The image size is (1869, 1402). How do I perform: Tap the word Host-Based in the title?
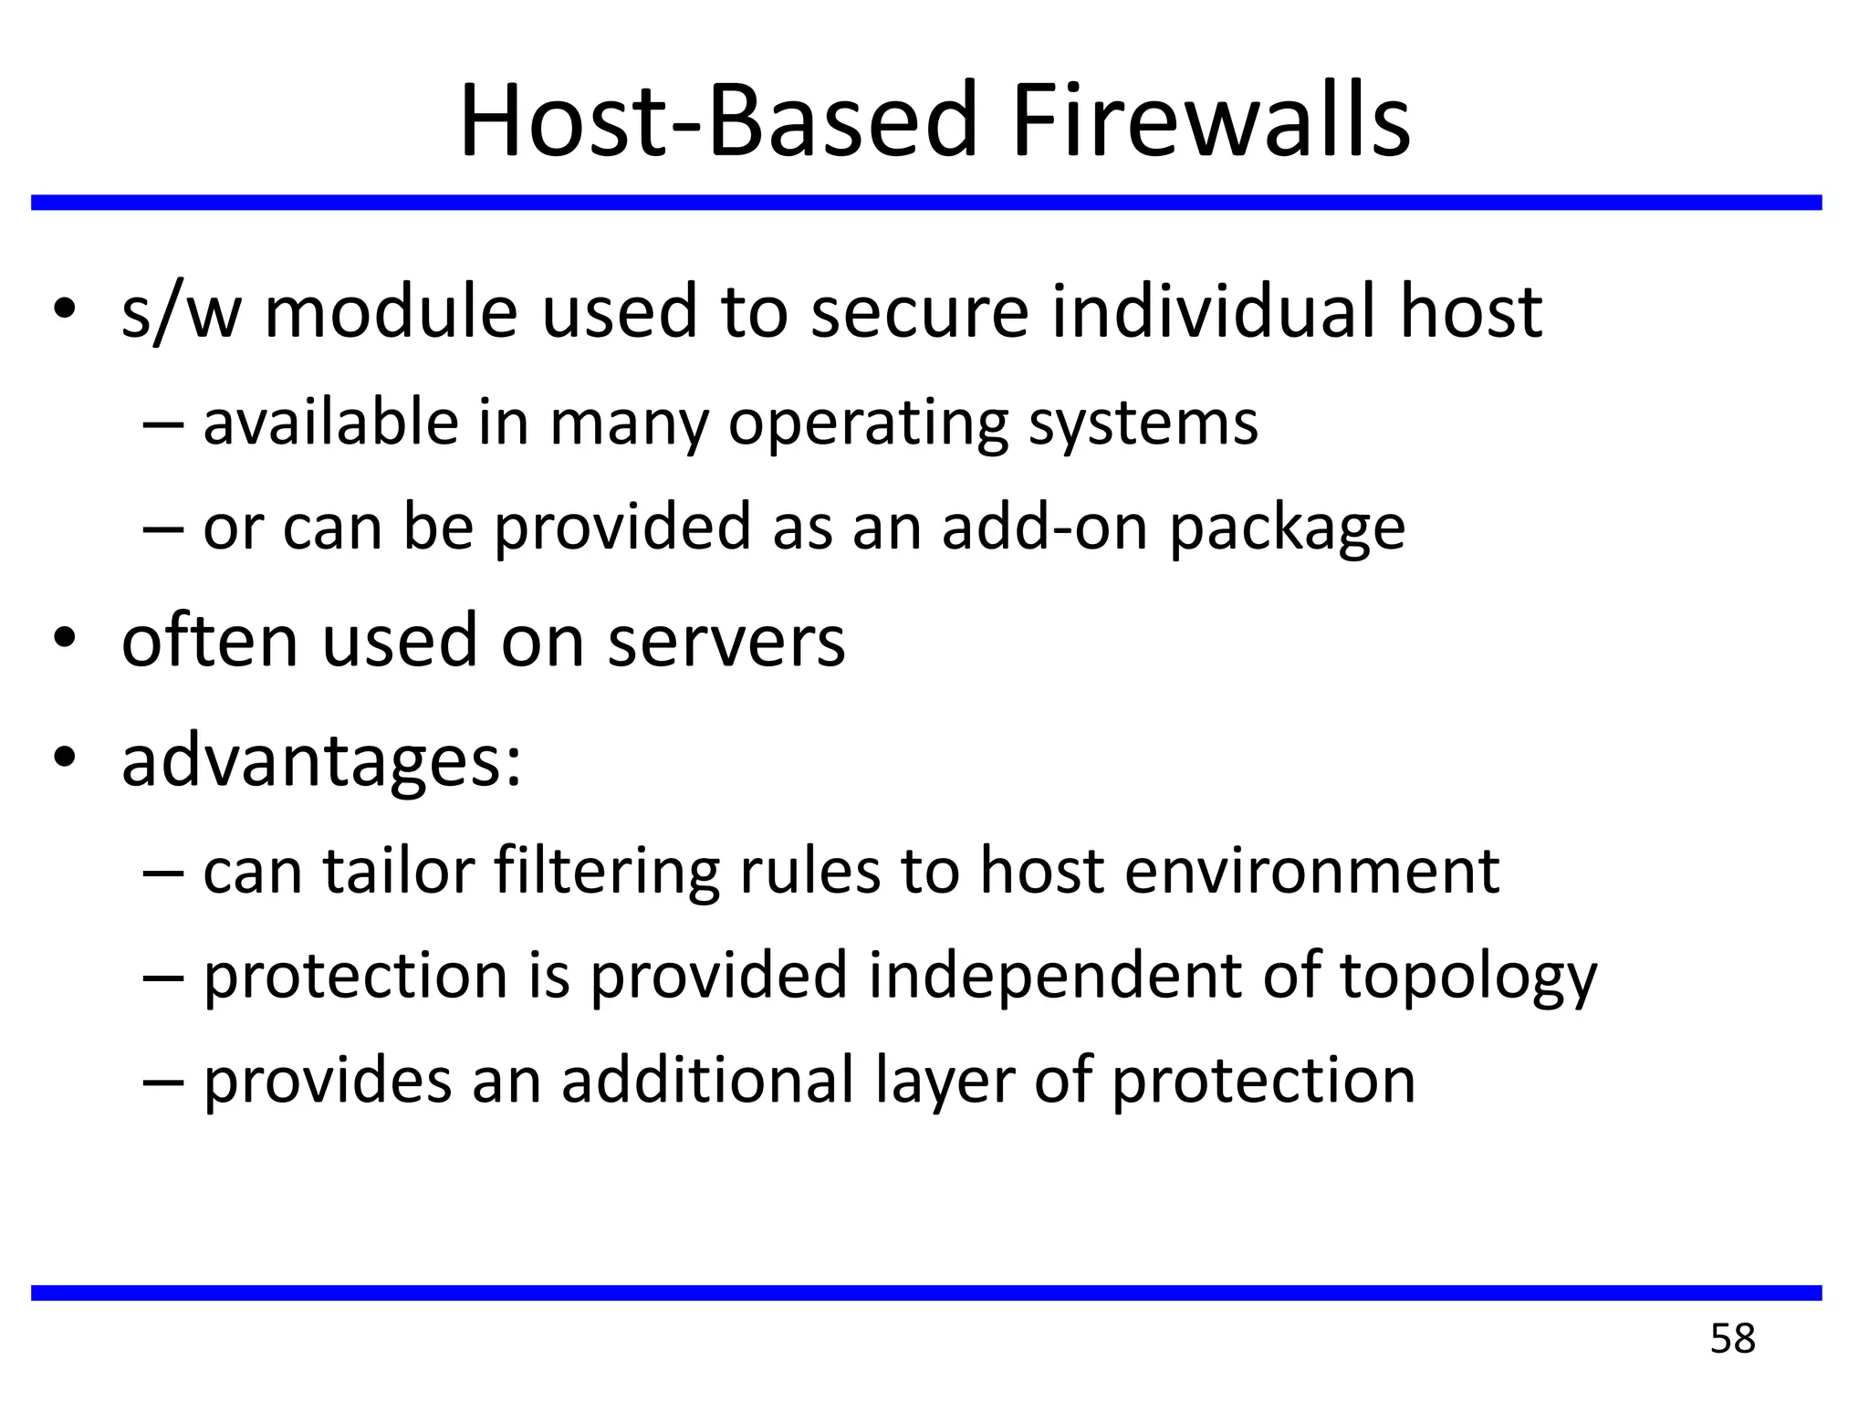click(717, 122)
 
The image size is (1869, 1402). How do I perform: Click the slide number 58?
click(1732, 1339)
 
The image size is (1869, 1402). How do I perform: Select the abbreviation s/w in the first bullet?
click(181, 312)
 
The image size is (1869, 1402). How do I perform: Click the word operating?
click(868, 424)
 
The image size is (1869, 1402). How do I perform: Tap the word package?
click(1287, 529)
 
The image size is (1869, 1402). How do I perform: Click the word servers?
click(726, 641)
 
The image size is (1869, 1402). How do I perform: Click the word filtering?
click(606, 872)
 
